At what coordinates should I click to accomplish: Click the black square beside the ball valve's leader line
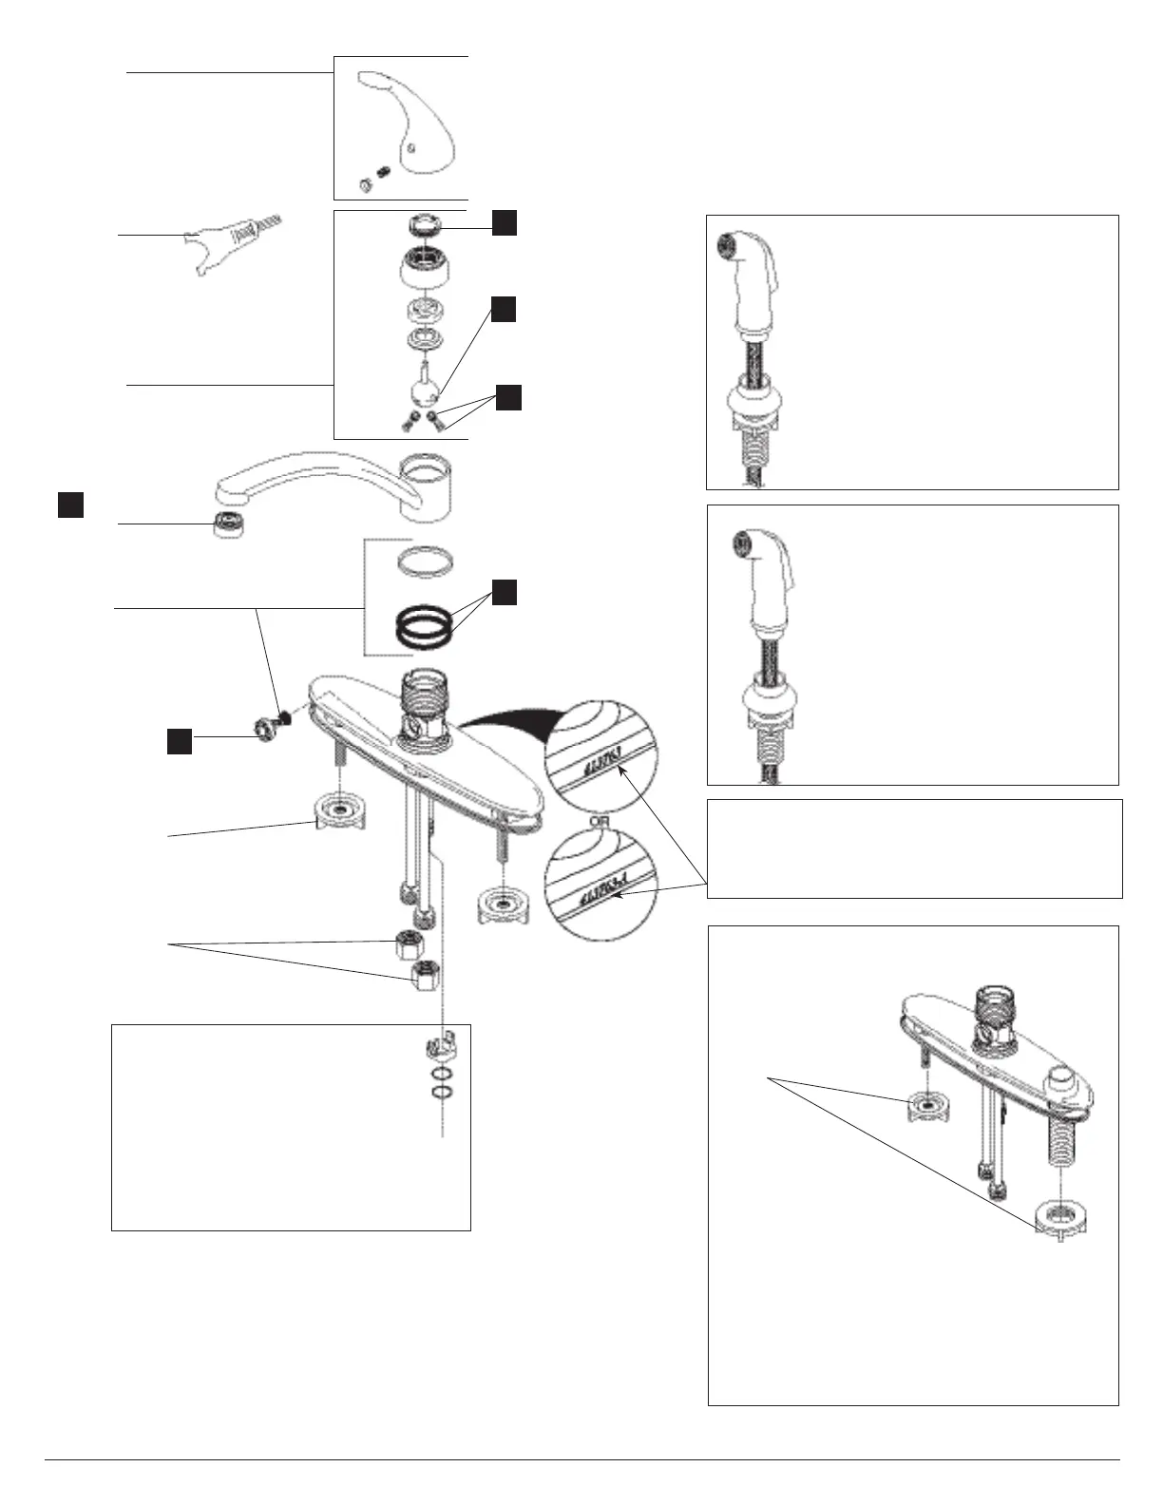[504, 309]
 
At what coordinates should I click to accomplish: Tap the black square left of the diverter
[180, 741]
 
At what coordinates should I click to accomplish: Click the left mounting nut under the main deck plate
[339, 810]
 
